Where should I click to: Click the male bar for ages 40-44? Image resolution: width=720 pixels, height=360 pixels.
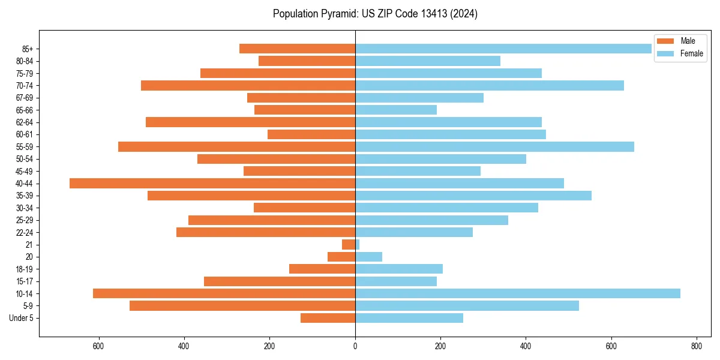point(212,183)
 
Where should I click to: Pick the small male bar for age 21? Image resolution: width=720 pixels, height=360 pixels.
point(349,244)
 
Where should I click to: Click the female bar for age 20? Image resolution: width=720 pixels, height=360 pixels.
point(368,257)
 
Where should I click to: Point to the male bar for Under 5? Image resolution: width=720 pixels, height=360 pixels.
point(328,318)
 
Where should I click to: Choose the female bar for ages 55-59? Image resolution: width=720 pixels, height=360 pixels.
point(494,146)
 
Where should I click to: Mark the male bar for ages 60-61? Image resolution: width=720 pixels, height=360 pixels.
point(311,134)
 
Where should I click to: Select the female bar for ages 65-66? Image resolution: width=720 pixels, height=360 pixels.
point(396,110)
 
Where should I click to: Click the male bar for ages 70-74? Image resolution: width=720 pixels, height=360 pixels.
point(248,85)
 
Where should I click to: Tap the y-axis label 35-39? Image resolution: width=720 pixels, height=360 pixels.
point(25,196)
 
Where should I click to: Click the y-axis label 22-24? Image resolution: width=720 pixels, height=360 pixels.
point(25,232)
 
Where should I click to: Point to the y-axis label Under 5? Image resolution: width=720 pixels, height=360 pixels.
point(21,318)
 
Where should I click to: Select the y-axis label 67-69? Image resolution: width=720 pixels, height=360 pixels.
point(25,98)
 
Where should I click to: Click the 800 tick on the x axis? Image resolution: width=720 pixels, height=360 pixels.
point(697,346)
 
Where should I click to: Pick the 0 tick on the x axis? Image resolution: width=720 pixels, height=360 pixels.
point(355,346)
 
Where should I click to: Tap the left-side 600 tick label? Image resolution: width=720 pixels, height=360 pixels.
point(98,346)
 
